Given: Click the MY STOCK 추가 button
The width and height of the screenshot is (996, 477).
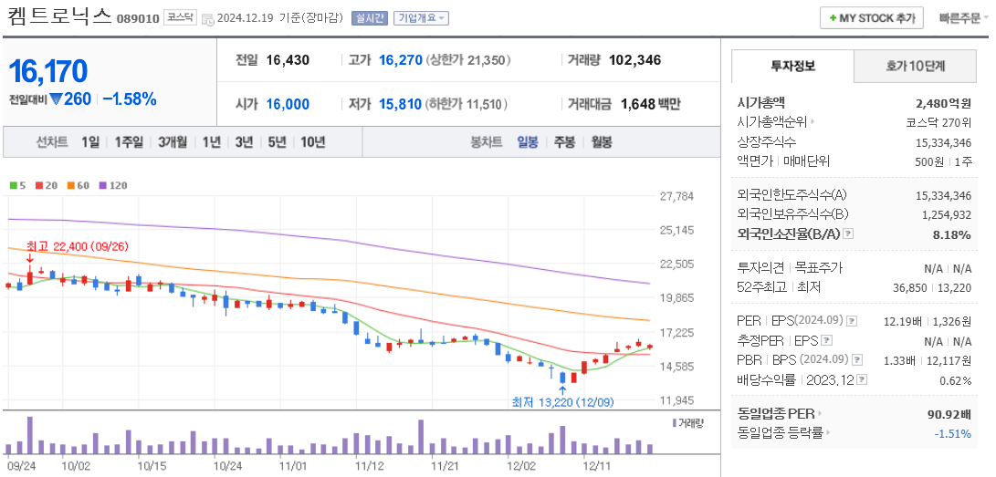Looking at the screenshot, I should pyautogui.click(x=871, y=18).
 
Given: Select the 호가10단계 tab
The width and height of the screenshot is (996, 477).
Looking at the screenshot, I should pyautogui.click(x=915, y=67).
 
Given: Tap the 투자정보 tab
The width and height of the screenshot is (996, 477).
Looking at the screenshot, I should pyautogui.click(x=792, y=67).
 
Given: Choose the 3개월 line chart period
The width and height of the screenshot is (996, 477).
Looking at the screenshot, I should pyautogui.click(x=172, y=142).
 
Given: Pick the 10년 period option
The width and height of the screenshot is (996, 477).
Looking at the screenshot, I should pyautogui.click(x=312, y=142).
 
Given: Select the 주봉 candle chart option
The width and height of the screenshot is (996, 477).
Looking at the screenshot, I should pyautogui.click(x=564, y=142).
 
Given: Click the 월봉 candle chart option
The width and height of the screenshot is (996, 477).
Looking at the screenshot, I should pyautogui.click(x=601, y=142).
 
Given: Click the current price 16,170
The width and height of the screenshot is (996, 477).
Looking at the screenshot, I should pyautogui.click(x=48, y=71).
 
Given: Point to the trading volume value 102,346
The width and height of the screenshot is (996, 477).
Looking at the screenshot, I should pyautogui.click(x=634, y=60).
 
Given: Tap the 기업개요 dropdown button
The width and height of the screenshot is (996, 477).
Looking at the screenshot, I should pyautogui.click(x=421, y=18).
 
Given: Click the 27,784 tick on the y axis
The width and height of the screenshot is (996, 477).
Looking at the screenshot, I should pyautogui.click(x=676, y=196).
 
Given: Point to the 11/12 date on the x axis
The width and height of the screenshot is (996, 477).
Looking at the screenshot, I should pyautogui.click(x=369, y=465).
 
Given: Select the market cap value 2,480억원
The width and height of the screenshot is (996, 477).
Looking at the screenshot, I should pyautogui.click(x=943, y=103).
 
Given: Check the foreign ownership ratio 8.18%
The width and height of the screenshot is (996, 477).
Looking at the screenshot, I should pyautogui.click(x=951, y=234).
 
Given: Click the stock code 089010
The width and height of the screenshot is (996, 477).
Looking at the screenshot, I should pyautogui.click(x=138, y=18).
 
